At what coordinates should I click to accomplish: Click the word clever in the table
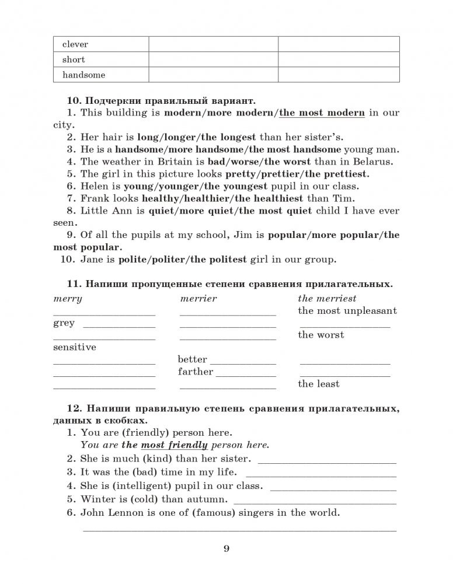point(75,44)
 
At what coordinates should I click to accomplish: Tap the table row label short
point(73,60)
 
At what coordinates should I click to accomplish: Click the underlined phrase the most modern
point(322,113)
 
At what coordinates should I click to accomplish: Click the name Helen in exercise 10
point(94,186)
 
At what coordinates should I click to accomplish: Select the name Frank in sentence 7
point(95,198)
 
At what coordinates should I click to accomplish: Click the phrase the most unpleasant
point(347,311)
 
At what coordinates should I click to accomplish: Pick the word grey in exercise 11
point(64,323)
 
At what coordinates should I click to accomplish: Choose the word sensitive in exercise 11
point(74,347)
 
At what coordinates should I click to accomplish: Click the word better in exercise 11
point(192,359)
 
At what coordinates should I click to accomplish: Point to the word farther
point(196,372)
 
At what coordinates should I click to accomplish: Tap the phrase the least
point(318,384)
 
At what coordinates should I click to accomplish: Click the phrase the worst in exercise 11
point(320,335)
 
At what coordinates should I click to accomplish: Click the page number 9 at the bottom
point(226,548)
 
